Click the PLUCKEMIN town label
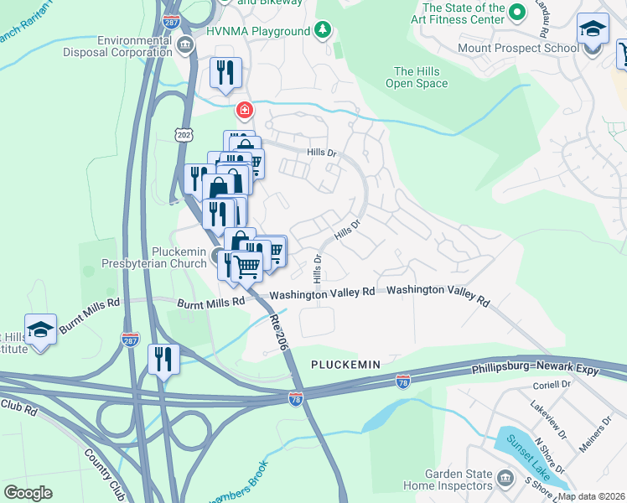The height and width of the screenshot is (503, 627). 345,365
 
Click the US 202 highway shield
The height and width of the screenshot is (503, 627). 184,133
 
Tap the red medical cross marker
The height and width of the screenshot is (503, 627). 244,110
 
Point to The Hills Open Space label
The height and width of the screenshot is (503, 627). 416,77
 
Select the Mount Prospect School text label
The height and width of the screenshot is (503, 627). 518,48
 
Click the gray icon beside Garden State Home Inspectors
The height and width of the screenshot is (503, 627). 505,478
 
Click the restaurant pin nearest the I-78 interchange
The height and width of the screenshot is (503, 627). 163,359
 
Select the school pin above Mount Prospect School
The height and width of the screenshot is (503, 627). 593,29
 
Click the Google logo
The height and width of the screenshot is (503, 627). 28,493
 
